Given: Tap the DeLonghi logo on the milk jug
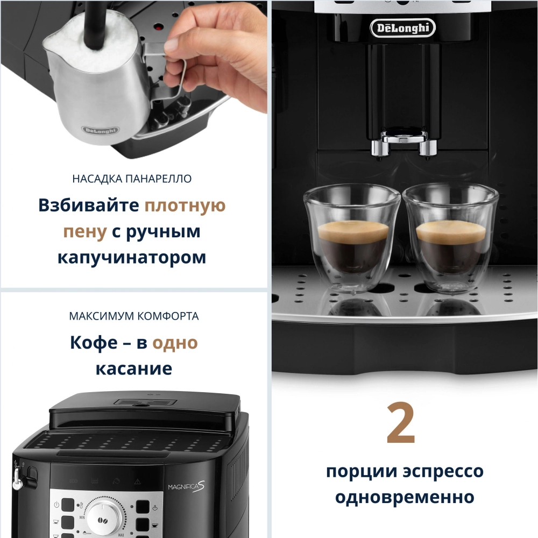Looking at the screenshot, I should tap(101, 130).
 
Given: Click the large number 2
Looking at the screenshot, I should tap(401, 423).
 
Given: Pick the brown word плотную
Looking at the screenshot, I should tap(186, 206).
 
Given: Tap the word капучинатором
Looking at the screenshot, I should tap(132, 257).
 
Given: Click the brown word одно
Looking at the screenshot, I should tap(175, 343).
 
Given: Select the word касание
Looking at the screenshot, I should tap(134, 369).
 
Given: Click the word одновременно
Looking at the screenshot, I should tap(405, 497).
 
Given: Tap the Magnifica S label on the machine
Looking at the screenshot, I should tap(185, 486).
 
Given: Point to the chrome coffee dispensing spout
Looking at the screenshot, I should tap(402, 141).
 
